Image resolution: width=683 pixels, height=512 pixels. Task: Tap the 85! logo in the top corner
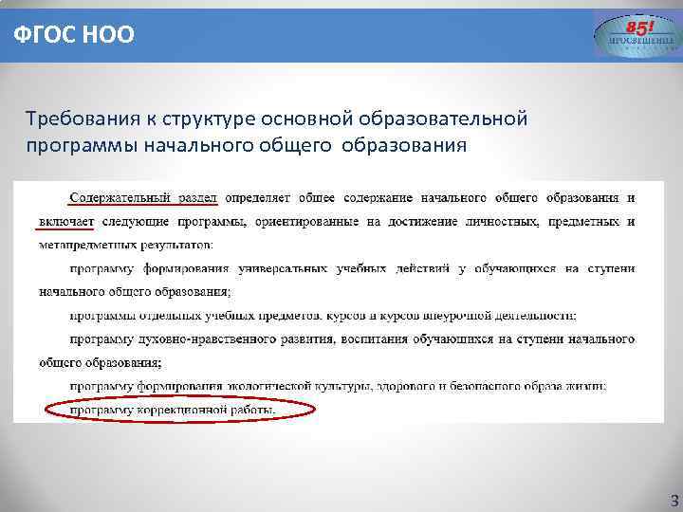(637, 35)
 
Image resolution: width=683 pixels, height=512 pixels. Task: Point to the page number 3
(674, 499)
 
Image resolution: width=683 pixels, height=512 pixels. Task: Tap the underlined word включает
(66, 222)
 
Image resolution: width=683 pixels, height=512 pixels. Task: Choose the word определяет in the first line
(258, 198)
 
